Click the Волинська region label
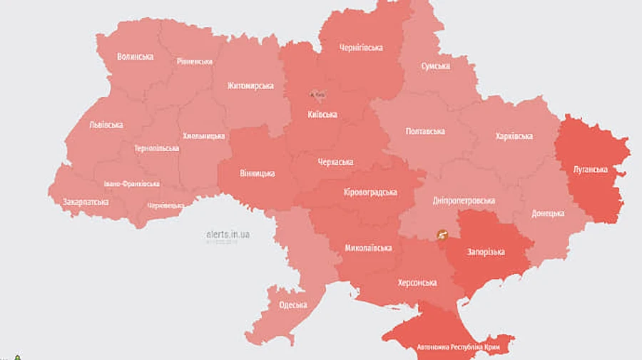point(136,56)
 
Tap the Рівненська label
point(195,61)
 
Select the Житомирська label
point(250,86)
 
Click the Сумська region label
point(435,66)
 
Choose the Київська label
point(322,114)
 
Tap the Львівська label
point(106,125)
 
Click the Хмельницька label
point(203,136)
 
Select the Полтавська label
point(425,131)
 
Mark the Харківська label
point(514,136)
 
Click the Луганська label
point(590,170)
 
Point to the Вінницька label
point(256,173)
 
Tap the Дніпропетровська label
point(464,200)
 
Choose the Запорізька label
point(486,252)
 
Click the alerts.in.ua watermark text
point(228,234)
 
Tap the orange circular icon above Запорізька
point(442,234)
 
